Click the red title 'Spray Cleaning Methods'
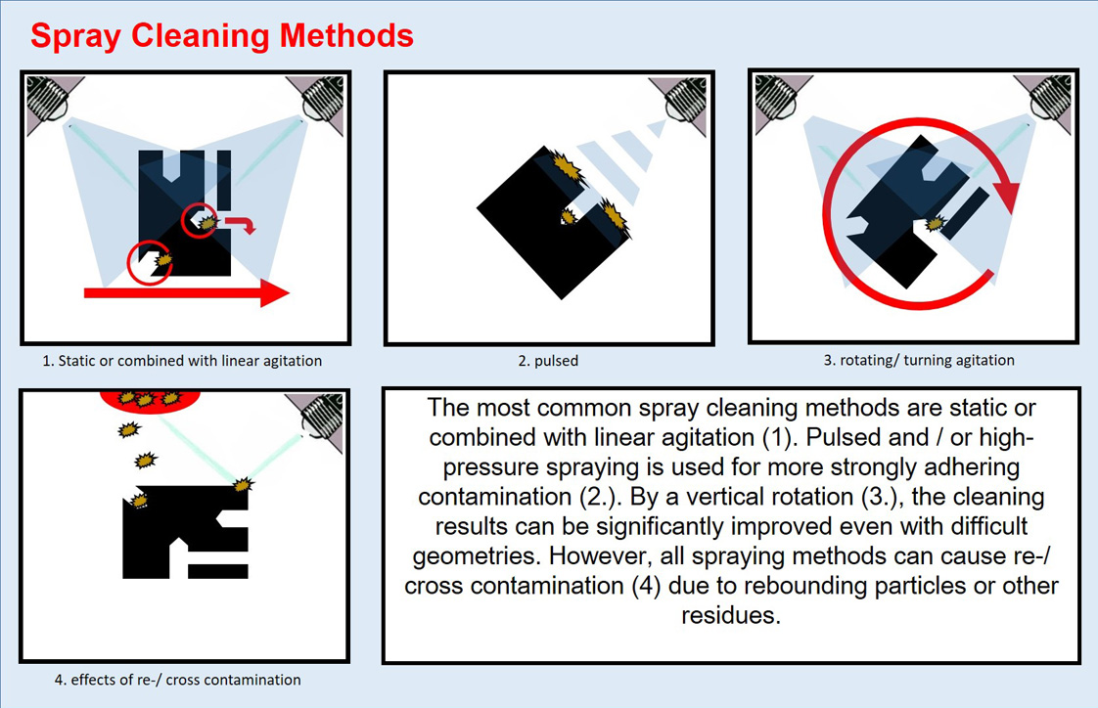(222, 35)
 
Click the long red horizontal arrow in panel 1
(186, 292)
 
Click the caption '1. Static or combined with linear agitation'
(182, 361)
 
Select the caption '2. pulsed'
(548, 361)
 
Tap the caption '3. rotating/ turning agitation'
(919, 360)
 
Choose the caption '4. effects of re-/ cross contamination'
(178, 680)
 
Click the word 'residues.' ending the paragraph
(731, 616)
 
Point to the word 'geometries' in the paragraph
(477, 556)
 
